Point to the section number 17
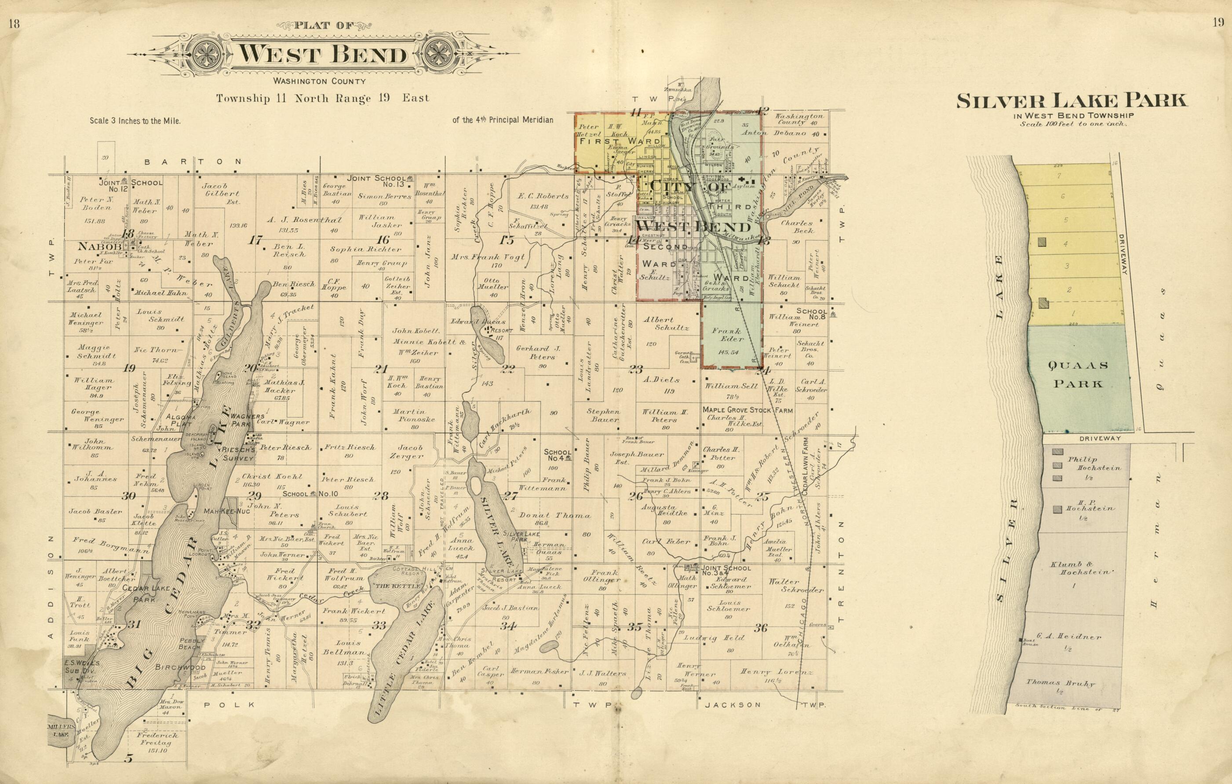pyautogui.click(x=254, y=240)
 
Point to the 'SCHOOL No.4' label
pyautogui.click(x=557, y=456)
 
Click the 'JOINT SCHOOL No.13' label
pyautogui.click(x=376, y=181)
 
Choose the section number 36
pyautogui.click(x=761, y=628)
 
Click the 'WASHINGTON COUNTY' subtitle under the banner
pyautogui.click(x=319, y=81)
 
